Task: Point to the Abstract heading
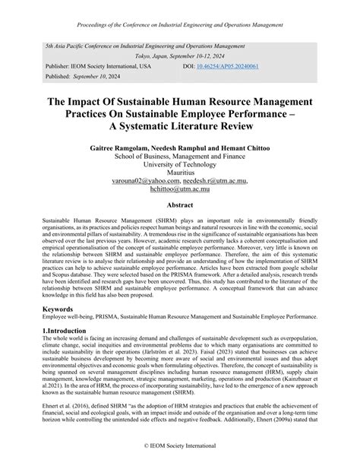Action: point(179,204)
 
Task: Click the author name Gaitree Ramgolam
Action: point(121,141)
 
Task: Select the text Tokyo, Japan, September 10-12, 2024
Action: point(180,56)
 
